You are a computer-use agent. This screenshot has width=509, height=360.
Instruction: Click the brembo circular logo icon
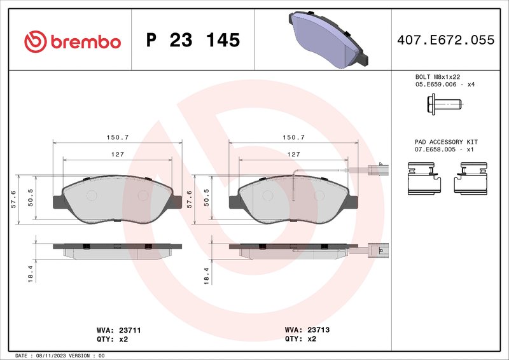pyautogui.click(x=36, y=41)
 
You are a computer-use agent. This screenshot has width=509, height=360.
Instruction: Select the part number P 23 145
pyautogui.click(x=193, y=41)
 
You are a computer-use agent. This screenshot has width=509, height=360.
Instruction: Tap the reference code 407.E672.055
pyautogui.click(x=445, y=40)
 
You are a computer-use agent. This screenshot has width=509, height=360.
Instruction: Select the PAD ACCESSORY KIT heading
pyautogui.click(x=446, y=142)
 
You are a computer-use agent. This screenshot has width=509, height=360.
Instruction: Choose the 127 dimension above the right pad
pyautogui.click(x=293, y=155)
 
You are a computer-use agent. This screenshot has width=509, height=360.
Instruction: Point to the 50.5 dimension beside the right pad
pyautogui.click(x=206, y=198)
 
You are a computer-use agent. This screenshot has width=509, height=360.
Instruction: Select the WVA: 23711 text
pyautogui.click(x=114, y=331)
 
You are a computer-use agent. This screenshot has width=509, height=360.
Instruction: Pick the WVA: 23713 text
pyautogui.click(x=307, y=331)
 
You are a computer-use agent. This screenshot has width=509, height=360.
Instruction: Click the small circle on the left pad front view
pyautogui.click(x=90, y=195)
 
